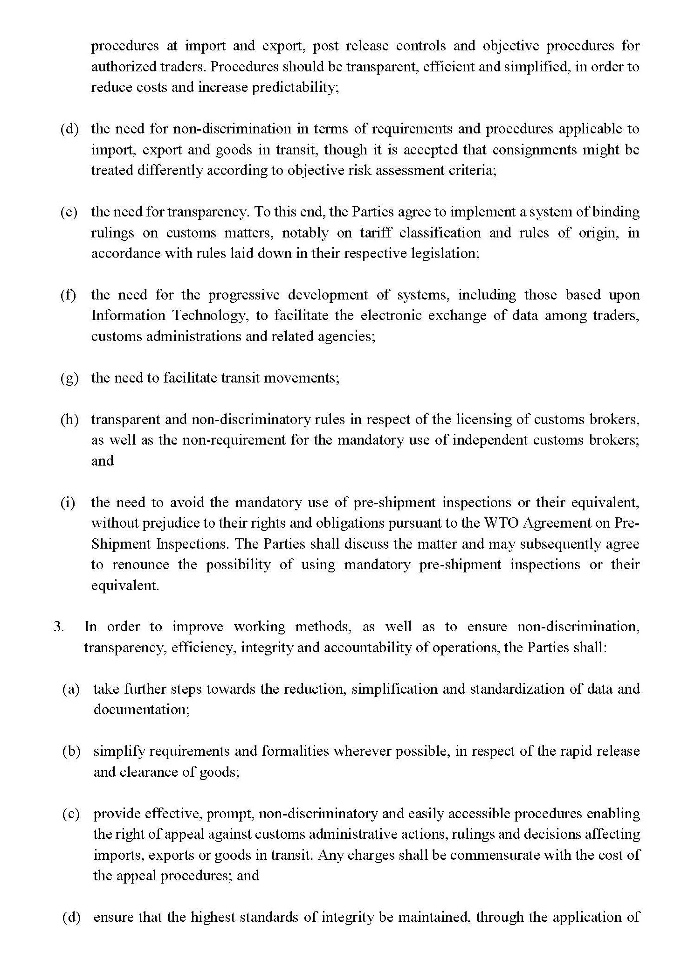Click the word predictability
point(295,88)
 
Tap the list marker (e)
point(69,212)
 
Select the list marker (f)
point(69,295)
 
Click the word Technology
point(209,316)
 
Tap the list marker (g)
point(69,378)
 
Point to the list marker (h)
point(69,419)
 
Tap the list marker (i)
point(68,502)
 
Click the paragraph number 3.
point(59,627)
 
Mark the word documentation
point(141,710)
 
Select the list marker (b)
point(71,751)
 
